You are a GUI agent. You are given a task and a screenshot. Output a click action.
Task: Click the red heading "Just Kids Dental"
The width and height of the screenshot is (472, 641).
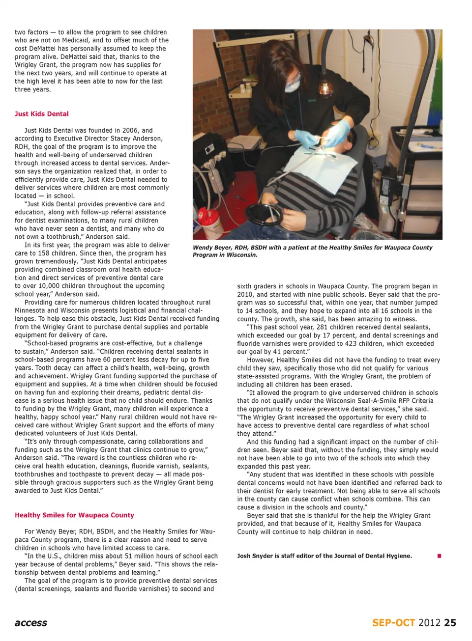pos(42,114)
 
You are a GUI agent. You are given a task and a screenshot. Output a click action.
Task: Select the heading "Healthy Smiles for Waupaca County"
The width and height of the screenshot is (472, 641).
pos(74,515)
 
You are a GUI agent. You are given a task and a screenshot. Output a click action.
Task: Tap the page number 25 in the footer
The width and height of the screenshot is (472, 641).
pos(450,623)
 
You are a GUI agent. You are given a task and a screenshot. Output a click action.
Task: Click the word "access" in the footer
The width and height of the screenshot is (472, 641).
pos(31,623)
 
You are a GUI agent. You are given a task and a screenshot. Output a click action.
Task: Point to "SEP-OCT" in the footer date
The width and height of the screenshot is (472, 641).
pos(393,623)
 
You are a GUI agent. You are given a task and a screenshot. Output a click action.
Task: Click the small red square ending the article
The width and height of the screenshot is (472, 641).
pos(439,556)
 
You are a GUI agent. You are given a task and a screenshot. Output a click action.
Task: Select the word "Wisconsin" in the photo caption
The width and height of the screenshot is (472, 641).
pos(241,255)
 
